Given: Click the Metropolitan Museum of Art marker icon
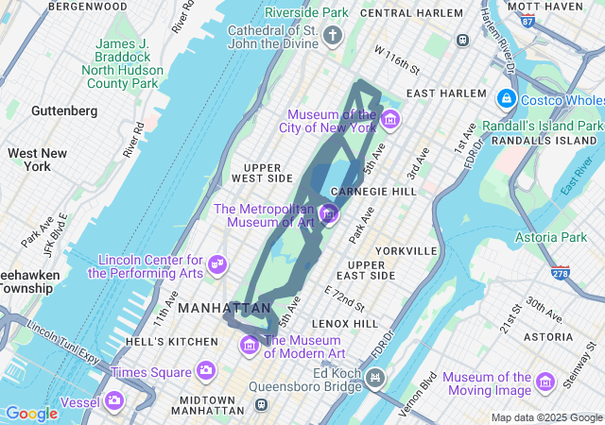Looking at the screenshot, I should (330, 214).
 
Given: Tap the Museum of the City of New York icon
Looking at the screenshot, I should (390, 120).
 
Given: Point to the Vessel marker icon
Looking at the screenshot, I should (114, 400).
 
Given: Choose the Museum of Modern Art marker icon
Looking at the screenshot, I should (251, 346).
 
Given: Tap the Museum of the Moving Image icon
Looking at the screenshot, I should (545, 381).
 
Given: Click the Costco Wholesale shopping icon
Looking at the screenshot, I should (507, 99).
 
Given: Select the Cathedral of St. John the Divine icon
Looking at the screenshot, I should (332, 37).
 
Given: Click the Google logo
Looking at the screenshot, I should (31, 414).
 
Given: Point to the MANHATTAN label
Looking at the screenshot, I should (223, 308).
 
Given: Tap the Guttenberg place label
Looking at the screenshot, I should (63, 110).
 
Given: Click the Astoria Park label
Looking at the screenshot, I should (550, 236).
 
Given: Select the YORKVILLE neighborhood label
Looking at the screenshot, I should (406, 251).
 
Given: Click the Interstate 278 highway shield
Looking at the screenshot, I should (562, 274).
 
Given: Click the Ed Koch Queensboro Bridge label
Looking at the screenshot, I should (317, 379).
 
